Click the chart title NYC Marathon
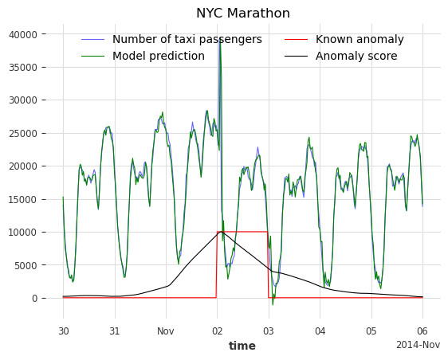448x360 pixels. (243, 14)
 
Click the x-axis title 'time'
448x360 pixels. (242, 346)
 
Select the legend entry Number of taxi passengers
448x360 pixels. (187, 40)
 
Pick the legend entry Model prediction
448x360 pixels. (158, 56)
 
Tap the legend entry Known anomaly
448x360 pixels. (360, 40)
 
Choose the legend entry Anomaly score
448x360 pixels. (356, 56)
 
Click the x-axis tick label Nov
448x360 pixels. (166, 331)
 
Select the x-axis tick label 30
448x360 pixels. (63, 331)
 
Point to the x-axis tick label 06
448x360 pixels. (422, 331)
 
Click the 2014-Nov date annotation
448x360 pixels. (418, 345)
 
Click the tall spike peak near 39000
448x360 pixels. (220, 39)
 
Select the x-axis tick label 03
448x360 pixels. (269, 331)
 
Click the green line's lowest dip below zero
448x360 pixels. (272, 304)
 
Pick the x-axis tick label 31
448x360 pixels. (115, 331)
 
